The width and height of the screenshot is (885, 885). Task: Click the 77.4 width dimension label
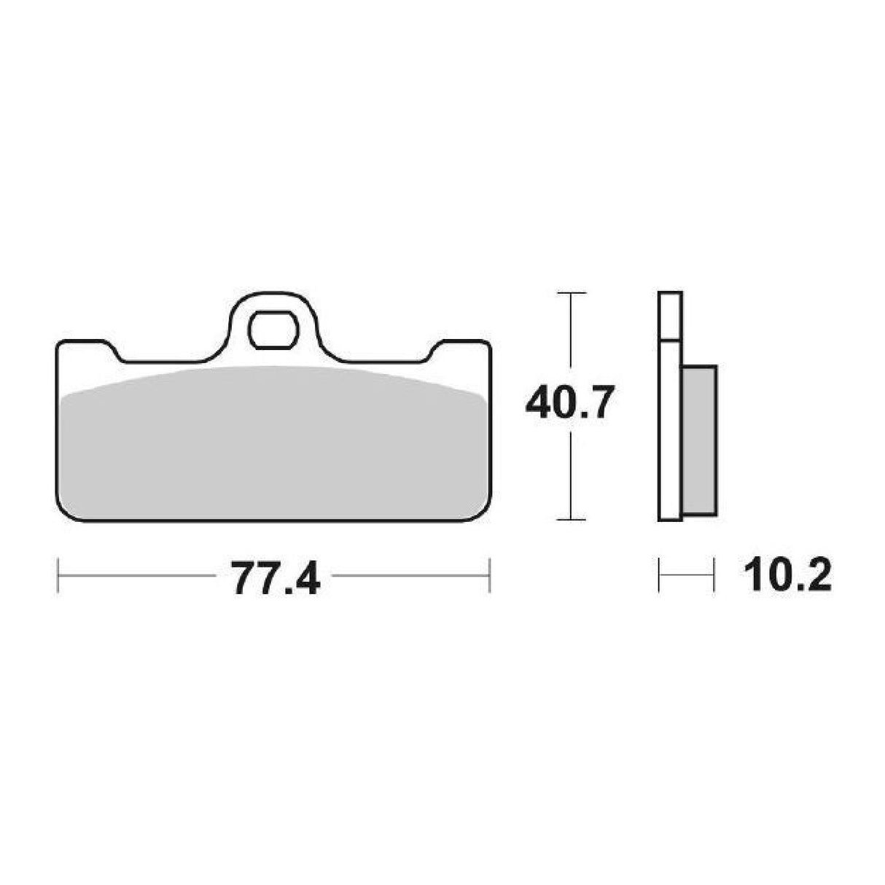[276, 579]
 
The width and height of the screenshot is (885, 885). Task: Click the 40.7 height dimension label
[567, 403]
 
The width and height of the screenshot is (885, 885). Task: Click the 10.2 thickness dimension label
[788, 577]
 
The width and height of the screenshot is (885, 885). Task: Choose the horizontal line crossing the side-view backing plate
[671, 339]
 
